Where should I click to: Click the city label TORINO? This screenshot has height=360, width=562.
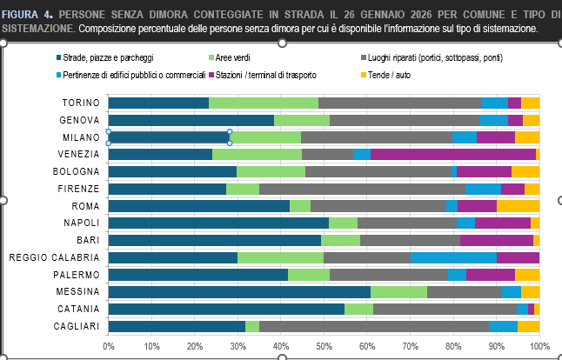tap(80, 103)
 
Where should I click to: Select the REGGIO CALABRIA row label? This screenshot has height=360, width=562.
tap(53, 257)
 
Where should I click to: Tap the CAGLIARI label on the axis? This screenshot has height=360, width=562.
tap(77, 326)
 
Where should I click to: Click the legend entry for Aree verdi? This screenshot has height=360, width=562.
tap(233, 58)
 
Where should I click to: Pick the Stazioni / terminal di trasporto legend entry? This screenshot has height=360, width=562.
tap(265, 75)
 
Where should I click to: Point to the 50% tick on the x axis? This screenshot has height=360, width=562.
tap(324, 346)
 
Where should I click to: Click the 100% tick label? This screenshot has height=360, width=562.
tap(539, 346)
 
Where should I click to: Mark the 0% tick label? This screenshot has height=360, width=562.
tap(109, 346)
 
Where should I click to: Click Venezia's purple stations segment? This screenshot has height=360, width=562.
tap(453, 154)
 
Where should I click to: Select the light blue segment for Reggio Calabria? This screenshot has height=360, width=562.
tap(452, 257)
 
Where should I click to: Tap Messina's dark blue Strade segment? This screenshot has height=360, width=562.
tap(239, 292)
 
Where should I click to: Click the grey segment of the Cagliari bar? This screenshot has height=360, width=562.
tap(373, 326)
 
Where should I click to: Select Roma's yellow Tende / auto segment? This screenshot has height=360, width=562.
tap(518, 206)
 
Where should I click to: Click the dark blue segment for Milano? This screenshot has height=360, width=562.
tap(169, 137)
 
